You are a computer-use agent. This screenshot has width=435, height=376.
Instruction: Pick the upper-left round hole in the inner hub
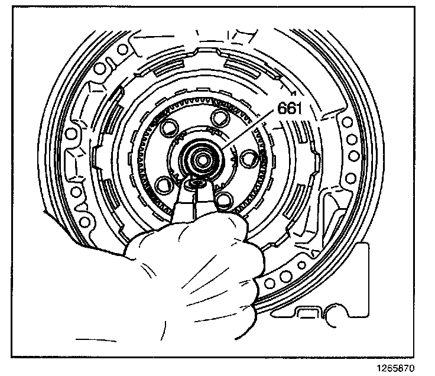pos(169,126)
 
